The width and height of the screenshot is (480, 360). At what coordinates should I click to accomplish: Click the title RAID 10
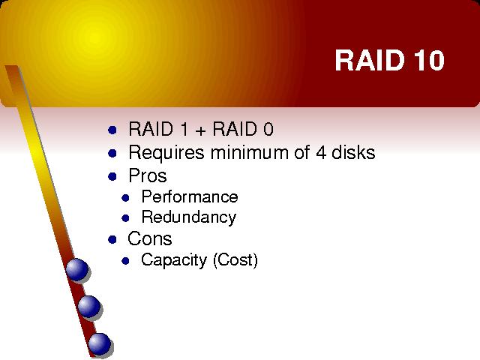point(389,60)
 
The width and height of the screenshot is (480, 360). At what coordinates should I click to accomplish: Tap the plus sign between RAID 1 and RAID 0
point(200,130)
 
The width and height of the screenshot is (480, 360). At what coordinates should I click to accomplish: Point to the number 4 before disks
point(321,152)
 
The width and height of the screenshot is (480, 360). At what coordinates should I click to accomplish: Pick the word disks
point(353,152)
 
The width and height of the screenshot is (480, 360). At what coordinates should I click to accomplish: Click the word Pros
point(148,175)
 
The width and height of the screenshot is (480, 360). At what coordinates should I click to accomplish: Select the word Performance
point(190,196)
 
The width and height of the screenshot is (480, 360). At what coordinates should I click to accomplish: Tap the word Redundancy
point(189,217)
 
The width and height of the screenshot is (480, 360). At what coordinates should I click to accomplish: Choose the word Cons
point(150,238)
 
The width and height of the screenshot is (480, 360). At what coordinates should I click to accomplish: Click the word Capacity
point(174,260)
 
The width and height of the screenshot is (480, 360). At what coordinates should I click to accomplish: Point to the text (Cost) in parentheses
point(235,260)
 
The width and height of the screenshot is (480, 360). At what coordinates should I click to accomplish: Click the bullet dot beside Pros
point(112,177)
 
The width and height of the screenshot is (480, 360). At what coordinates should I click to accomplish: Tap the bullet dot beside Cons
point(112,239)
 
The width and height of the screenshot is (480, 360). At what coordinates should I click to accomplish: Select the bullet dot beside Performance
point(125,198)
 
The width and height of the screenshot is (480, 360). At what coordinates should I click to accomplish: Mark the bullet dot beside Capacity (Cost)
point(125,261)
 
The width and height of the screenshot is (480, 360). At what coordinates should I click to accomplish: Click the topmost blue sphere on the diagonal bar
point(77,270)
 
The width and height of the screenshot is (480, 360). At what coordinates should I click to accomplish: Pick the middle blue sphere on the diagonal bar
point(89,307)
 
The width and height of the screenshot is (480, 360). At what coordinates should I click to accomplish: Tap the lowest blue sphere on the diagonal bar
point(100,343)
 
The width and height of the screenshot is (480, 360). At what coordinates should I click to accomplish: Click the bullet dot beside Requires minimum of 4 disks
point(112,153)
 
